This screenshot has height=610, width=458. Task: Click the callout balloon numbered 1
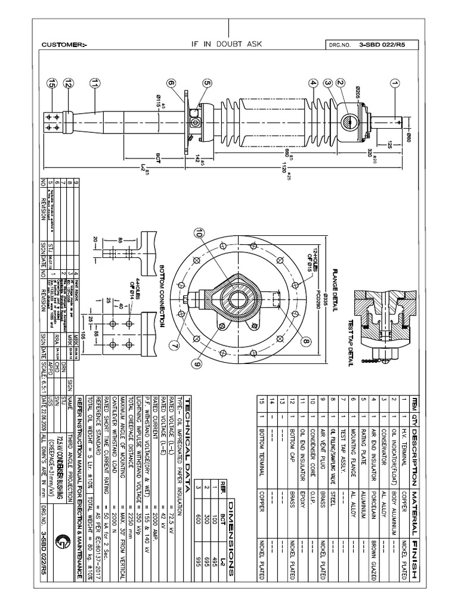pos(394,83)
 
